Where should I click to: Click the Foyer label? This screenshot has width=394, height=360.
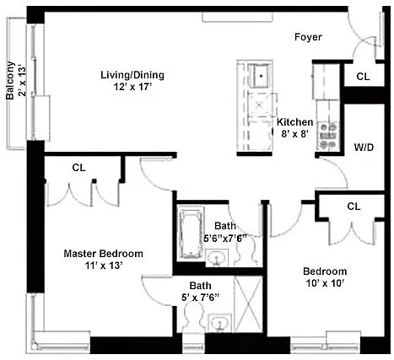pos(308,37)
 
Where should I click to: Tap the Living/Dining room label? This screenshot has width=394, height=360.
pos(132,75)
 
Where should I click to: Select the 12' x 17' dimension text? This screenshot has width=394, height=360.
pos(132,87)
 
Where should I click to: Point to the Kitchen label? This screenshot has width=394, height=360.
pos(294,122)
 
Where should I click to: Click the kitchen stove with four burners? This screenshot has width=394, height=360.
pos(328,136)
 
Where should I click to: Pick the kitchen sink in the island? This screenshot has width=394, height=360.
pos(260,75)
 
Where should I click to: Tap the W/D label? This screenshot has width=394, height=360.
pos(364,148)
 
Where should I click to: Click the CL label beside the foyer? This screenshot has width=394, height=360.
pos(363,77)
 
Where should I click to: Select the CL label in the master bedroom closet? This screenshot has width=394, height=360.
pos(78,168)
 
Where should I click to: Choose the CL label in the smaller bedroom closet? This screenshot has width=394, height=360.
pos(354,207)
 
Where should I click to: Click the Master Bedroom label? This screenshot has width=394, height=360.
pos(103,254)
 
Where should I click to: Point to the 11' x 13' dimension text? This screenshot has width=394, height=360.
pos(104,266)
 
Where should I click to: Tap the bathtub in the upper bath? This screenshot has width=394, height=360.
pos(191,234)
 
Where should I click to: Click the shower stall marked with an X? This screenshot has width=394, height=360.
pos(248,304)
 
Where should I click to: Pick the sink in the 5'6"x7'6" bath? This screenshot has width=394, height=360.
pos(217,258)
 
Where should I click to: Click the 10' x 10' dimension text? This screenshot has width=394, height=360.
pos(325,283)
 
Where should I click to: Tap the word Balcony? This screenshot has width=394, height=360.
pos(10,80)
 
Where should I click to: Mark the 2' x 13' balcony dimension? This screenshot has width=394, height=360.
pos(22,82)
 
